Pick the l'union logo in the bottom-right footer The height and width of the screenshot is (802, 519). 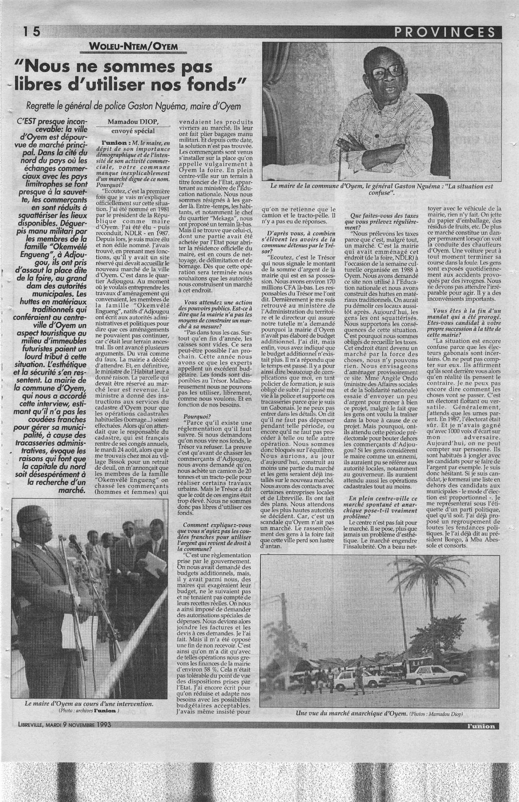pos(480,725)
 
